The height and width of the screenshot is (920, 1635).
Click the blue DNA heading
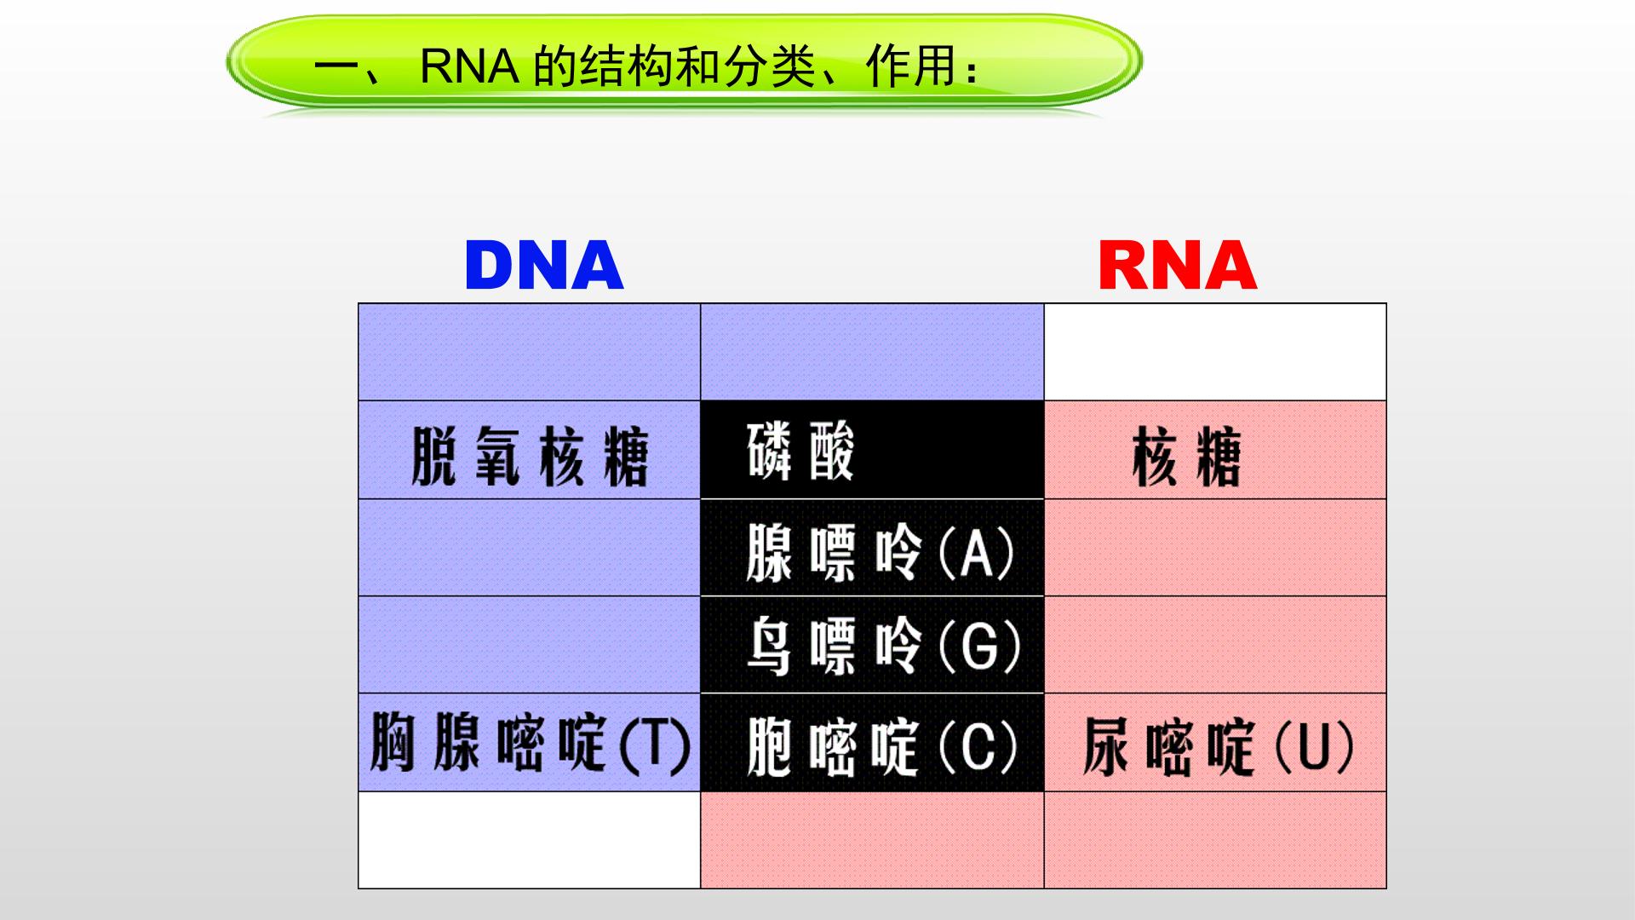544,265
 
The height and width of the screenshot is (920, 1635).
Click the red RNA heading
1178,265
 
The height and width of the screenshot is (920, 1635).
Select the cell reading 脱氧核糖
530,450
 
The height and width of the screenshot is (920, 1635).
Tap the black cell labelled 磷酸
872,450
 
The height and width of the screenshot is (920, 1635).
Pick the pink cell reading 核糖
1215,450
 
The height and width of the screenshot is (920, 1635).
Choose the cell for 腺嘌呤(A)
872,548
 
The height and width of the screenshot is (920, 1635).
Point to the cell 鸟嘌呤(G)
872,645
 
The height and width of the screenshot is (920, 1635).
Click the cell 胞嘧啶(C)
872,743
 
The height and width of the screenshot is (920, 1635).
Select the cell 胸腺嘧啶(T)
530,743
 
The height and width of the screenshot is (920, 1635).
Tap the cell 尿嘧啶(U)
1215,743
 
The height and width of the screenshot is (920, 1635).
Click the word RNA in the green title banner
470,67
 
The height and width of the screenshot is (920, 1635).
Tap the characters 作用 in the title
909,67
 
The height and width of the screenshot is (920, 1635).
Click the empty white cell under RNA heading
1215,352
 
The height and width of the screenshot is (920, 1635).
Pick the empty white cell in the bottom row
530,840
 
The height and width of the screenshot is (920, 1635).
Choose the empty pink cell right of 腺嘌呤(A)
1215,548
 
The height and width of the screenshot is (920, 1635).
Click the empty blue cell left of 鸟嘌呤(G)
530,645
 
